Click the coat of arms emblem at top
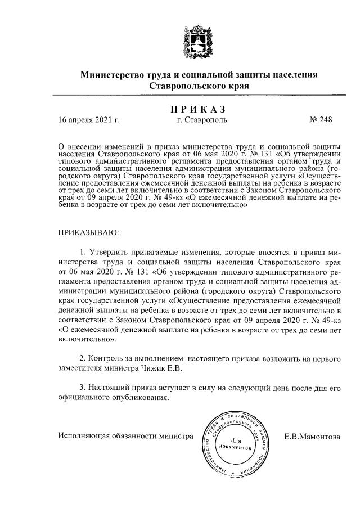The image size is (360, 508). [x=200, y=40]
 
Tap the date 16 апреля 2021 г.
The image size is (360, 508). [x=90, y=119]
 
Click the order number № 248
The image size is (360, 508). [x=321, y=119]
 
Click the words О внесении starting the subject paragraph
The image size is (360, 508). [x=80, y=145]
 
